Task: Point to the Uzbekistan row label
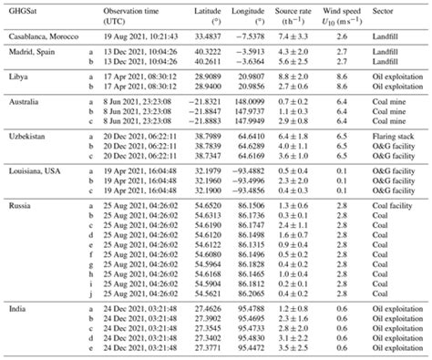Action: [x=27, y=133]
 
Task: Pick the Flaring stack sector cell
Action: [x=386, y=133]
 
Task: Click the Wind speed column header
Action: [x=345, y=11]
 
